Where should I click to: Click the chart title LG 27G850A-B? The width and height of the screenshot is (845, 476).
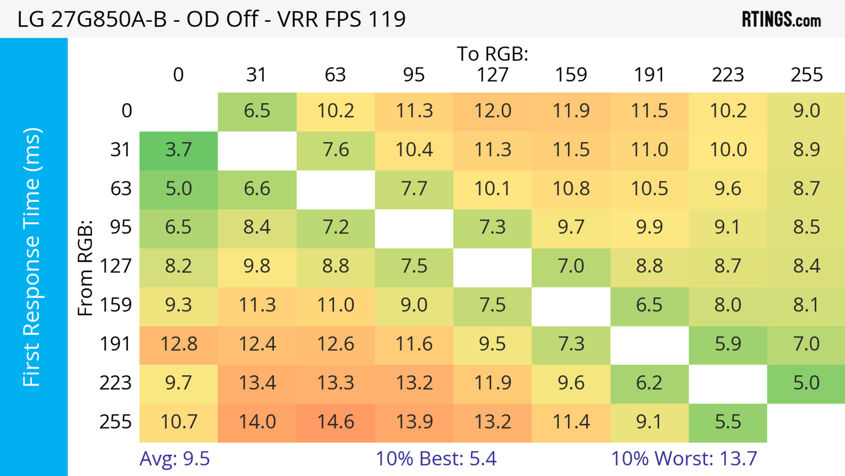click(211, 19)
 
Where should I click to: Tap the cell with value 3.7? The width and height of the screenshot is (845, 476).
click(178, 150)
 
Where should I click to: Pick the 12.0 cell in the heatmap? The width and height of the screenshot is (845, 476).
click(492, 111)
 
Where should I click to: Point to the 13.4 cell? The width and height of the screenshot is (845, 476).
click(257, 383)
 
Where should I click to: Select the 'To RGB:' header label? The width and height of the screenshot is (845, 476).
click(492, 54)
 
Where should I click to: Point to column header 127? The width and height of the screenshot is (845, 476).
click(492, 75)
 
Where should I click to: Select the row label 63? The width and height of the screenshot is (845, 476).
click(121, 189)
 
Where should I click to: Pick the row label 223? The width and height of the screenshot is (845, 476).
click(116, 383)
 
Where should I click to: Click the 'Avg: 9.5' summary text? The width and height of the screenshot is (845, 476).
click(175, 459)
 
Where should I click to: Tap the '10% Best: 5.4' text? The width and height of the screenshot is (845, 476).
click(436, 459)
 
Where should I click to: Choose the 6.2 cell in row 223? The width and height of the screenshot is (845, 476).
click(649, 383)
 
